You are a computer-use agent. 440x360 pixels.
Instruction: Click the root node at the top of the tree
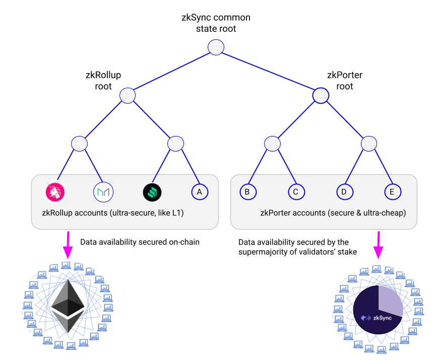216,47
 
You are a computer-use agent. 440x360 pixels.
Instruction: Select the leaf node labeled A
200,192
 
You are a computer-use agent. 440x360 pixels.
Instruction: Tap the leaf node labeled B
247,192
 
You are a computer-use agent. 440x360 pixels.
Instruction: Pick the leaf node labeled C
296,192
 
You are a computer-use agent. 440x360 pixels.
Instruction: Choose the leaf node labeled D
344,192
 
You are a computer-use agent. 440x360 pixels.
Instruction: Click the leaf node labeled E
392,192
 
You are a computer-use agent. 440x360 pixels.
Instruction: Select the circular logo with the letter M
103,192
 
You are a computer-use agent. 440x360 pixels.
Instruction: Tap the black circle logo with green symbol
152,192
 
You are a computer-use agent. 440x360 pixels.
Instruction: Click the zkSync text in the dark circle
382,318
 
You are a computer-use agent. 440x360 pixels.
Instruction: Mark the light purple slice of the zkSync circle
389,301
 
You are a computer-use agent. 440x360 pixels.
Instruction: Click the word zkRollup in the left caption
57,213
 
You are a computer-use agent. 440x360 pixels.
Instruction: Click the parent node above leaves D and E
369,143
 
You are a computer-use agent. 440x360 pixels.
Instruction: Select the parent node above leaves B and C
272,143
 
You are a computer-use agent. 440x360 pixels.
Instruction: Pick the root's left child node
128,95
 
